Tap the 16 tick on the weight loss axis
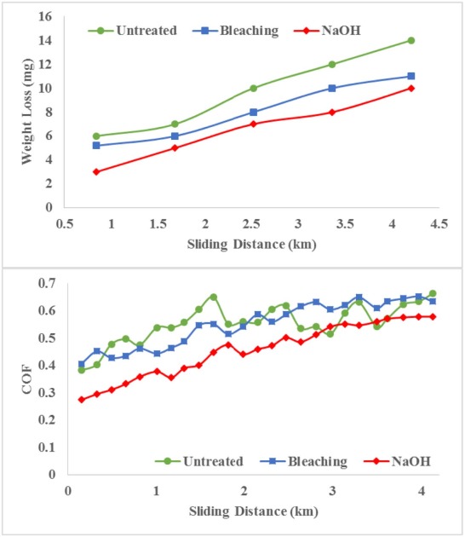[46, 17]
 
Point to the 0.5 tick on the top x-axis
[64, 223]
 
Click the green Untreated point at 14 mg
[411, 40]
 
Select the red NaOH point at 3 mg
[96, 171]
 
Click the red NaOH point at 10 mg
[411, 88]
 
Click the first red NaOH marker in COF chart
[82, 399]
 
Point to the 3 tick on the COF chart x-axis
[333, 492]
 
